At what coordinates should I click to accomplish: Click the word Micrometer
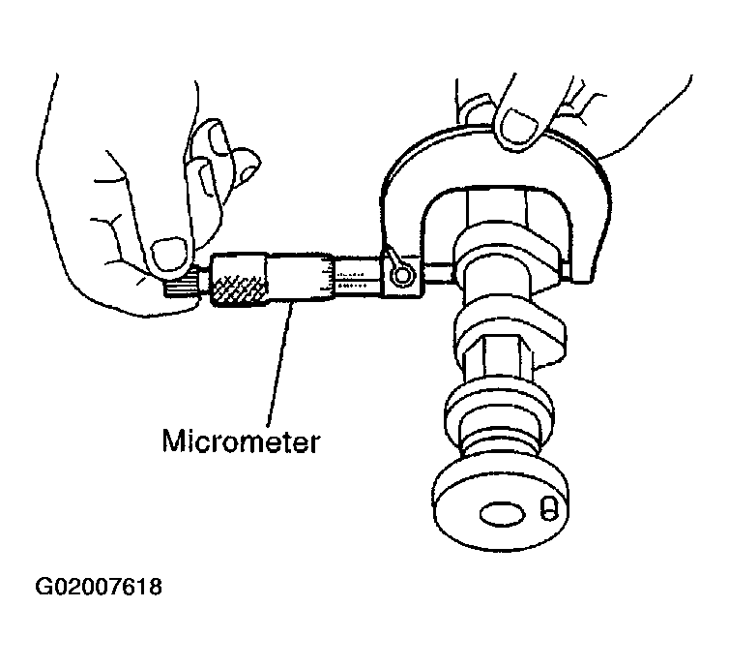(x=241, y=440)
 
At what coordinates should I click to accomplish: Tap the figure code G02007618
(x=99, y=587)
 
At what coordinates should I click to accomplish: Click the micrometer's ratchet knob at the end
(x=180, y=285)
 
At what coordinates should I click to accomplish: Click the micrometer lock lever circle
(x=401, y=277)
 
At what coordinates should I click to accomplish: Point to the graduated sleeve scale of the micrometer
(x=358, y=277)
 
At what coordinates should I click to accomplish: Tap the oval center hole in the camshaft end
(x=502, y=514)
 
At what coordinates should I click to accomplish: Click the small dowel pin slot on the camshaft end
(x=548, y=508)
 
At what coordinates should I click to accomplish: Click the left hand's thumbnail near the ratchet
(x=170, y=255)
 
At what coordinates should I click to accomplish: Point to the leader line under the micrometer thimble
(x=280, y=363)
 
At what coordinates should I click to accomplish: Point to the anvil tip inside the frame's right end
(x=566, y=270)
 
